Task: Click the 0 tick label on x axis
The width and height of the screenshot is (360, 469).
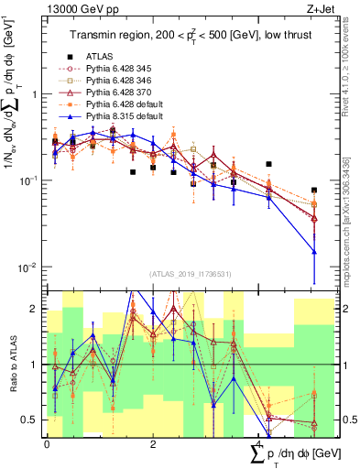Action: click(47, 442)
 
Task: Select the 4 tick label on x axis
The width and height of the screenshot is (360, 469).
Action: click(259, 442)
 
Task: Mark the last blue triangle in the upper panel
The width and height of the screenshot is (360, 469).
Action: click(314, 252)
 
